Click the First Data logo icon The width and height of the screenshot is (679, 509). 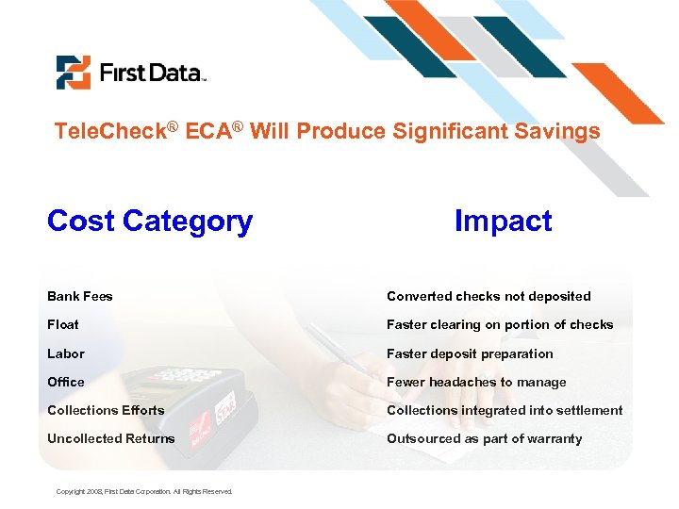73,73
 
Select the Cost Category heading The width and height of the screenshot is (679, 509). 150,221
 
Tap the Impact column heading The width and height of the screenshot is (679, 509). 503,221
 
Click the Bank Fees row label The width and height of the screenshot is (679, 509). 80,296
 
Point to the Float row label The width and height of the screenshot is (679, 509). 63,324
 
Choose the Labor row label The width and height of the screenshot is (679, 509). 66,353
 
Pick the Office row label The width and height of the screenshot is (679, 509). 66,382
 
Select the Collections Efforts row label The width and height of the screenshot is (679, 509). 106,410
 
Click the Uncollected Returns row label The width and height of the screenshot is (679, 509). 111,438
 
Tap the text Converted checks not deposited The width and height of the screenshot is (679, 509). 489,296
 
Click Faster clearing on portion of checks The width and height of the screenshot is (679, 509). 500,324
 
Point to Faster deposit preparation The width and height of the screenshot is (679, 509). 470,353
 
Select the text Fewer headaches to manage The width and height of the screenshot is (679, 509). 476,382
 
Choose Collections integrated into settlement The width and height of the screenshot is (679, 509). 505,410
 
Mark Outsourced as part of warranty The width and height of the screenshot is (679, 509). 484,438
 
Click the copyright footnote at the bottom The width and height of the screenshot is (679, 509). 144,491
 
